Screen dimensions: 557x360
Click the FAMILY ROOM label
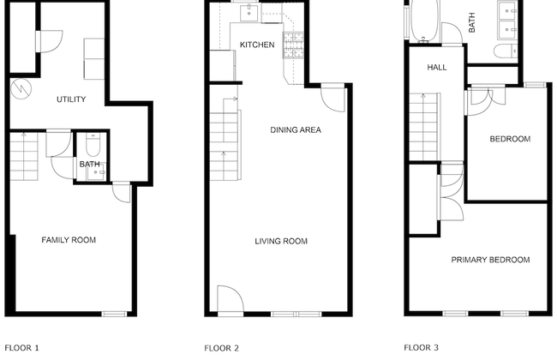click(69, 240)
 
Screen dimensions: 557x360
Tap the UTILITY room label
click(71, 99)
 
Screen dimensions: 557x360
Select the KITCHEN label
click(257, 45)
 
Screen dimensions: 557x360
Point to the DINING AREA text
click(296, 130)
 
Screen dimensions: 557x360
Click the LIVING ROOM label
click(281, 242)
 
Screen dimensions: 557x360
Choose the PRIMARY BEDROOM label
click(490, 260)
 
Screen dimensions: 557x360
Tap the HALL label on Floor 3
click(437, 68)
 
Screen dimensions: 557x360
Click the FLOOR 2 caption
click(221, 348)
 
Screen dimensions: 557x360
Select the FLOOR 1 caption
click(21, 348)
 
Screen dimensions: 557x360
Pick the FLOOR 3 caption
click(421, 347)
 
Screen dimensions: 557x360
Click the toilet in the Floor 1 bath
click(93, 145)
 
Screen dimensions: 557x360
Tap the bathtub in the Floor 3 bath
click(425, 21)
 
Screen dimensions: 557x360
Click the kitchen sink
click(249, 13)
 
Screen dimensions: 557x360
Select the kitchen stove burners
click(293, 45)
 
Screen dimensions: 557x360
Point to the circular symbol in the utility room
click(21, 89)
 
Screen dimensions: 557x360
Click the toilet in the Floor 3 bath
click(505, 51)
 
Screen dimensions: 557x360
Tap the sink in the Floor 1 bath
click(96, 172)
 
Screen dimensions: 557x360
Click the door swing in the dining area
click(332, 99)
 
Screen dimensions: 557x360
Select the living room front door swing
click(231, 298)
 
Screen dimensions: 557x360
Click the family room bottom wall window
click(114, 314)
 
